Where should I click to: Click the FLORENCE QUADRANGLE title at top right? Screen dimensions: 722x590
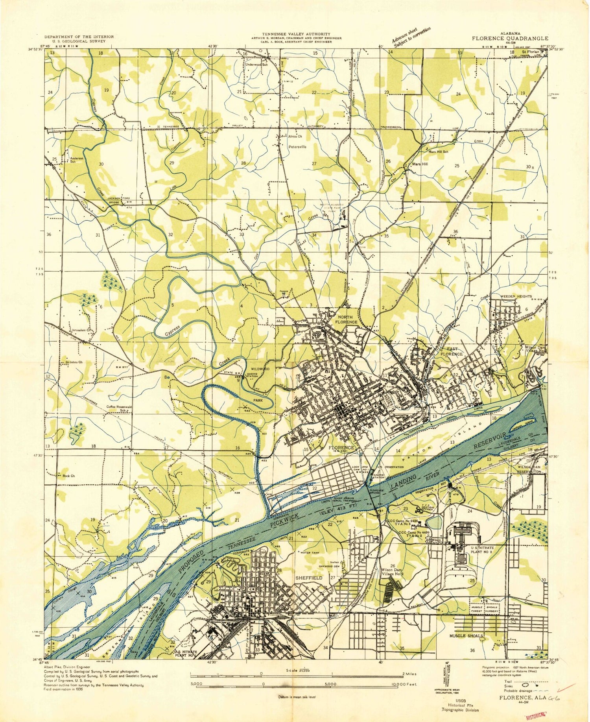pyautogui.click(x=510, y=39)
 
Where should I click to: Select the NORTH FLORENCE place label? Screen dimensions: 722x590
pyautogui.click(x=346, y=319)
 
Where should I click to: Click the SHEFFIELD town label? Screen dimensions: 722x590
pyautogui.click(x=309, y=578)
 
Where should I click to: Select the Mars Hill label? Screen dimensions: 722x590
pyautogui.click(x=420, y=164)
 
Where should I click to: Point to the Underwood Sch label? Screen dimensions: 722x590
pyautogui.click(x=256, y=65)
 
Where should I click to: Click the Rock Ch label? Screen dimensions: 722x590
pyautogui.click(x=68, y=476)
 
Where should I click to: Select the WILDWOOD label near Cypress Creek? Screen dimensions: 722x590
pyautogui.click(x=260, y=369)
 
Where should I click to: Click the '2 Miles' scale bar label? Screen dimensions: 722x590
pyautogui.click(x=409, y=674)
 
